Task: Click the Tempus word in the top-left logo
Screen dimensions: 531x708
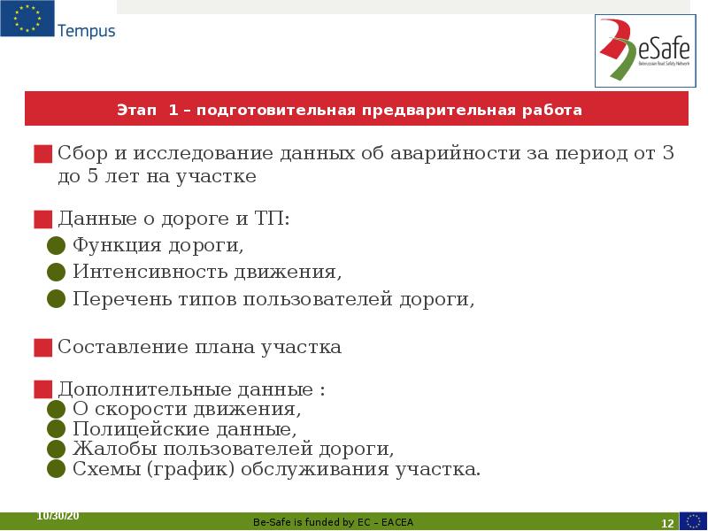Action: click(x=87, y=31)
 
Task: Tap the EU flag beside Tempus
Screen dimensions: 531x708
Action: click(x=27, y=19)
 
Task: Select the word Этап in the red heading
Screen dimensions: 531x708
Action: click(x=135, y=111)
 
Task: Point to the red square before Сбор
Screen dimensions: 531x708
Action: click(x=42, y=154)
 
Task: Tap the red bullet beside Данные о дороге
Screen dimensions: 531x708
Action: click(x=42, y=219)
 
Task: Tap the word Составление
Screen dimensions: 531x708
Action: click(x=123, y=347)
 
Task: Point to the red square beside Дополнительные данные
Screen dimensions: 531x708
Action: click(x=42, y=389)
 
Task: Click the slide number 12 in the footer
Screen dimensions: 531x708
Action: click(x=668, y=522)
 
